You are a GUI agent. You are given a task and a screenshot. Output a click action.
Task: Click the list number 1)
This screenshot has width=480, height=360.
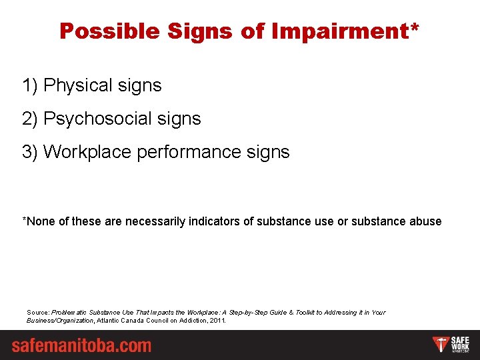click(30, 86)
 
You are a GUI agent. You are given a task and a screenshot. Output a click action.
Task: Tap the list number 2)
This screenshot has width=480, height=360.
click(30, 119)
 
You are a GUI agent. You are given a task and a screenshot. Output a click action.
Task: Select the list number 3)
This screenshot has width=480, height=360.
click(30, 152)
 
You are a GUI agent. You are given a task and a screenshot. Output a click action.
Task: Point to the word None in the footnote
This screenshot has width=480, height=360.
click(40, 221)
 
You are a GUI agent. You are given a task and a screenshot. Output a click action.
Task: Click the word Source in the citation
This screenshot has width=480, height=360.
click(37, 312)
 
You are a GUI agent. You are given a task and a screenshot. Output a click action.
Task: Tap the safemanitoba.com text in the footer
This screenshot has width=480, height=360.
click(81, 345)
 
